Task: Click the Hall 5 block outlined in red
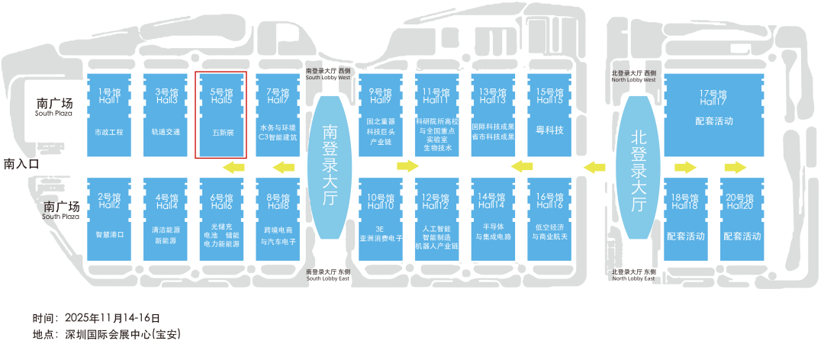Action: [221, 114]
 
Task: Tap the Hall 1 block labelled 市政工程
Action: [109, 114]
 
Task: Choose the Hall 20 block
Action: [742, 220]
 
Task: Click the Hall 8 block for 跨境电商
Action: [278, 220]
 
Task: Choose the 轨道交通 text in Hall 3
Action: [166, 132]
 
